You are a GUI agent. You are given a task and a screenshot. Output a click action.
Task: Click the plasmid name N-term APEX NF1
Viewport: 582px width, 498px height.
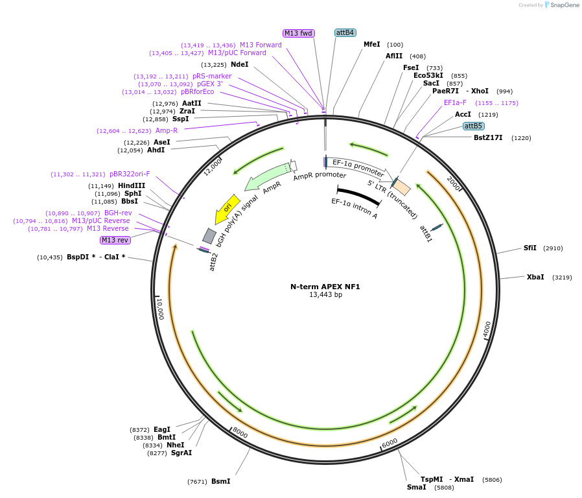325,287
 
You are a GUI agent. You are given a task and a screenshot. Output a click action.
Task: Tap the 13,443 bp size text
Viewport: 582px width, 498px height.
325,295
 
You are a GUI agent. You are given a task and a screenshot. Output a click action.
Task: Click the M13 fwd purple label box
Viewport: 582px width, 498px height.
298,33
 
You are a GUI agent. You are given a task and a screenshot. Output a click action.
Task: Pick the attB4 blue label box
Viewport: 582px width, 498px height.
345,32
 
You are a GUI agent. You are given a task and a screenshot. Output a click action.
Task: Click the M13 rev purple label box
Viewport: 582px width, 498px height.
115,240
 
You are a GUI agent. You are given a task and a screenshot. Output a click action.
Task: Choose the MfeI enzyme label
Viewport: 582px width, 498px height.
371,44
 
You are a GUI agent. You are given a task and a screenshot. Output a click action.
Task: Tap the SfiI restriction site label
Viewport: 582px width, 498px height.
530,248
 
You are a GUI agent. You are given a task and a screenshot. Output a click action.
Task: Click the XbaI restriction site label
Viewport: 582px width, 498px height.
535,277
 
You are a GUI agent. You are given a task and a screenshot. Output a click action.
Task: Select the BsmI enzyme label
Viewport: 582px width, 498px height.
220,481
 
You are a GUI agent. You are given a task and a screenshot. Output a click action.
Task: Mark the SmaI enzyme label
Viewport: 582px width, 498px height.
416,487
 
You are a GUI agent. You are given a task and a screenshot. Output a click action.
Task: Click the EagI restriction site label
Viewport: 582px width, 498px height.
162,429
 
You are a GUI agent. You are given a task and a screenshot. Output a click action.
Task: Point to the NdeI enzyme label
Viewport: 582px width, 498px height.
239,64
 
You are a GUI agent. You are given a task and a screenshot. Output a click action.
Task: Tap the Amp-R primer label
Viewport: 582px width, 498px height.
167,130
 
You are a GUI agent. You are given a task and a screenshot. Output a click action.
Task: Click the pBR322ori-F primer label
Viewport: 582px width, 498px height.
130,174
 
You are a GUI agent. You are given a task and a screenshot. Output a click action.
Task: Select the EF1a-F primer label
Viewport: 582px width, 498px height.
455,102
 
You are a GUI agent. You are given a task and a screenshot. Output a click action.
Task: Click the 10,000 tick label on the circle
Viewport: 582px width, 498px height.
160,308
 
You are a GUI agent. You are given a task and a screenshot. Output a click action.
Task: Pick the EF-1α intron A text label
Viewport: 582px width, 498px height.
354,209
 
